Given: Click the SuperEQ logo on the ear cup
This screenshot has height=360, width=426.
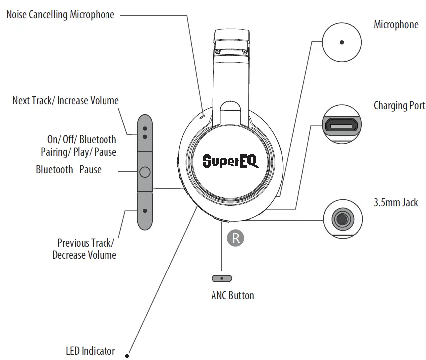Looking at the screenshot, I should [x=230, y=161].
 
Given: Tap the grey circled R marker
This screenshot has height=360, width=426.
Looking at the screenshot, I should [x=236, y=238].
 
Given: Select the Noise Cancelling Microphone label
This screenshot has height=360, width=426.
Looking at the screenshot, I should [x=60, y=15].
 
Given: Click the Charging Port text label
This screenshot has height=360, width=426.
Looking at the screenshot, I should [x=399, y=106].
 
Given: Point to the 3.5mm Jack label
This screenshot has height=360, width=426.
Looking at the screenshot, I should [x=396, y=202].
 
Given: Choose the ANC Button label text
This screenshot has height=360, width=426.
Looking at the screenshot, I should [x=232, y=296].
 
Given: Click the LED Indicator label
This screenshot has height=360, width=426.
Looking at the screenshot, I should [x=90, y=351].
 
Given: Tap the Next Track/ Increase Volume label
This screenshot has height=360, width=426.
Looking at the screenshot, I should [x=66, y=101].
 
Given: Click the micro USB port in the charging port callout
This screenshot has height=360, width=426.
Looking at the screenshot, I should [x=342, y=125].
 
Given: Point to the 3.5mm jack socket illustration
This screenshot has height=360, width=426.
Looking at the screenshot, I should [x=342, y=218].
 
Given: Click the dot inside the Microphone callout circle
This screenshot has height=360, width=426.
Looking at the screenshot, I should [x=342, y=43].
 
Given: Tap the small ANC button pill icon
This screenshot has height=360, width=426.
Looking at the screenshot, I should [x=222, y=278].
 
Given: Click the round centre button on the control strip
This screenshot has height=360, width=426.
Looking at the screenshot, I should [x=144, y=172].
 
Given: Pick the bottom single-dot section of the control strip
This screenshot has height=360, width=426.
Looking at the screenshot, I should [x=144, y=211].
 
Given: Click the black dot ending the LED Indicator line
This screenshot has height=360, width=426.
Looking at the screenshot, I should [x=128, y=355].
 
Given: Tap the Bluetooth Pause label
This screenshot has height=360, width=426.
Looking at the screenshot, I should [x=69, y=170].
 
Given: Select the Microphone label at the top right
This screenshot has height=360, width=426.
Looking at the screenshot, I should [x=396, y=25].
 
